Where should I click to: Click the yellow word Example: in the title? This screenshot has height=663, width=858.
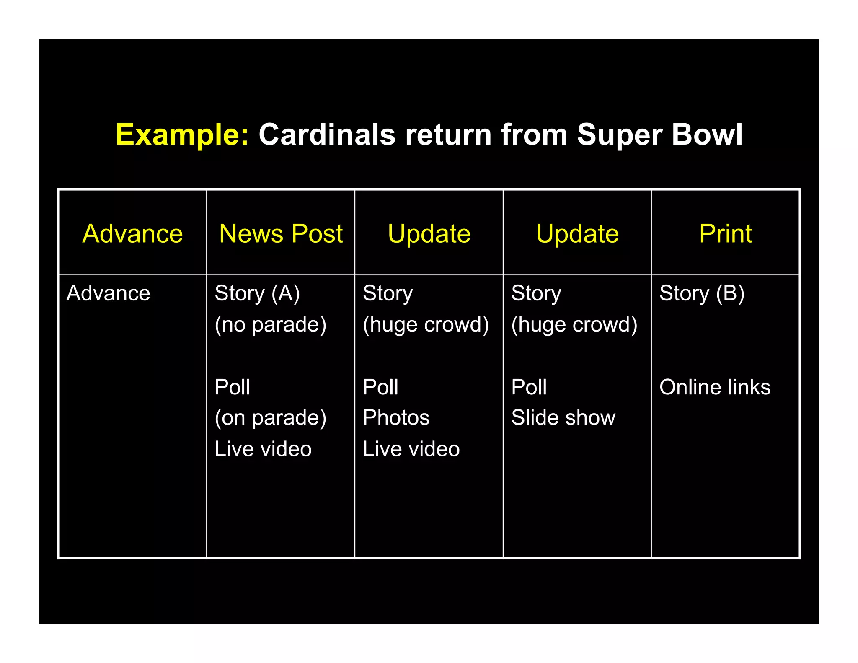tap(182, 135)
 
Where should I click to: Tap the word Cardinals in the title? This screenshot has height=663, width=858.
tap(327, 135)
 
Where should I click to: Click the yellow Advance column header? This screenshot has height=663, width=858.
tap(132, 233)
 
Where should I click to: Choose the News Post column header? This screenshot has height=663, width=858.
tap(281, 233)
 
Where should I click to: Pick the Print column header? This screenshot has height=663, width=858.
tap(725, 233)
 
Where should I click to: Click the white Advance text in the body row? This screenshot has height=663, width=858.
tap(108, 293)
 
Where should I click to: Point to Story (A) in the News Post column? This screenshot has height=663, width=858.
tap(257, 293)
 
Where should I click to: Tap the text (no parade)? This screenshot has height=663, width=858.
tap(270, 325)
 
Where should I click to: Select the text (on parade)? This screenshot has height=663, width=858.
tap(270, 418)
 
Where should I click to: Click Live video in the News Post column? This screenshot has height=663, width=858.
tap(263, 449)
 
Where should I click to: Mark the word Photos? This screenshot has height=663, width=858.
tap(396, 418)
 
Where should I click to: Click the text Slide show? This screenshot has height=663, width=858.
tap(563, 418)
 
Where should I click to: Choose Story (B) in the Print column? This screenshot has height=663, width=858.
tap(702, 293)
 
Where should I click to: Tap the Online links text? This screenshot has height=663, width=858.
tap(715, 387)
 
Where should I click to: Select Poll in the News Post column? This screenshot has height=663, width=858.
tap(232, 387)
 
